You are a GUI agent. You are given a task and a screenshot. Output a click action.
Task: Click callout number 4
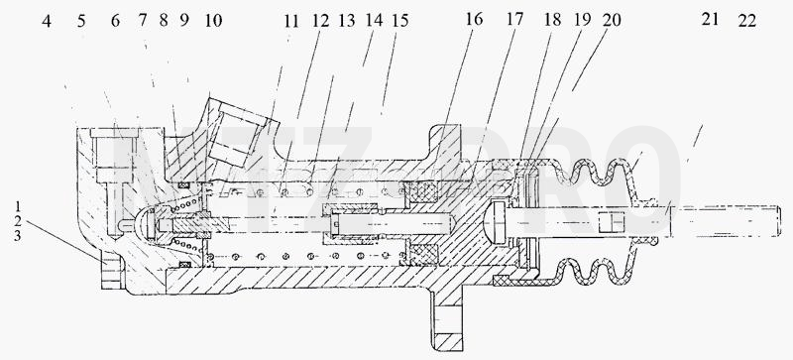coord(47,21)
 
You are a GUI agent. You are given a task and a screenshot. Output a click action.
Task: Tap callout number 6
coord(115,21)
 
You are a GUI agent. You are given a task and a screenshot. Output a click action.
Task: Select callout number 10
coord(213,21)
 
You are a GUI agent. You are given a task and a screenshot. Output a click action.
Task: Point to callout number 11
coord(291,21)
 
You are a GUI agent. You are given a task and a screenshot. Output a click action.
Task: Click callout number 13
coord(346,21)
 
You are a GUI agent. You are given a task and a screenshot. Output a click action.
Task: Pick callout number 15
coord(399,21)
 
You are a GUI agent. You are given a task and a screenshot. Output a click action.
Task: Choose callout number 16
coord(474,20)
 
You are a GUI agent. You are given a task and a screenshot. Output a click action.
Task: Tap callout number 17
coord(514,21)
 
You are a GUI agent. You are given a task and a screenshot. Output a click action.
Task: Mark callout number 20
coord(612,20)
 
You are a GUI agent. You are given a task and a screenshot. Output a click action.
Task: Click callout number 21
coord(710,19)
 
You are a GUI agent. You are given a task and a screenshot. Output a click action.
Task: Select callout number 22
coord(747,21)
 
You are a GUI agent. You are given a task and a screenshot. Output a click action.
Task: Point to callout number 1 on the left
coord(18,206)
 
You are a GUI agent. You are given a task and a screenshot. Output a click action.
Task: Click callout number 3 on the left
coord(18,236)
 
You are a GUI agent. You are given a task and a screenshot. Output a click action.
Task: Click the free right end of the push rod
coord(779,221)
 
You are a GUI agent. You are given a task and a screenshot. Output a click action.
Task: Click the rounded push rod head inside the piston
coord(494,221)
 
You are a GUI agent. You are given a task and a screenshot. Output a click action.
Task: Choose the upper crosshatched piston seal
coord(423,192)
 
